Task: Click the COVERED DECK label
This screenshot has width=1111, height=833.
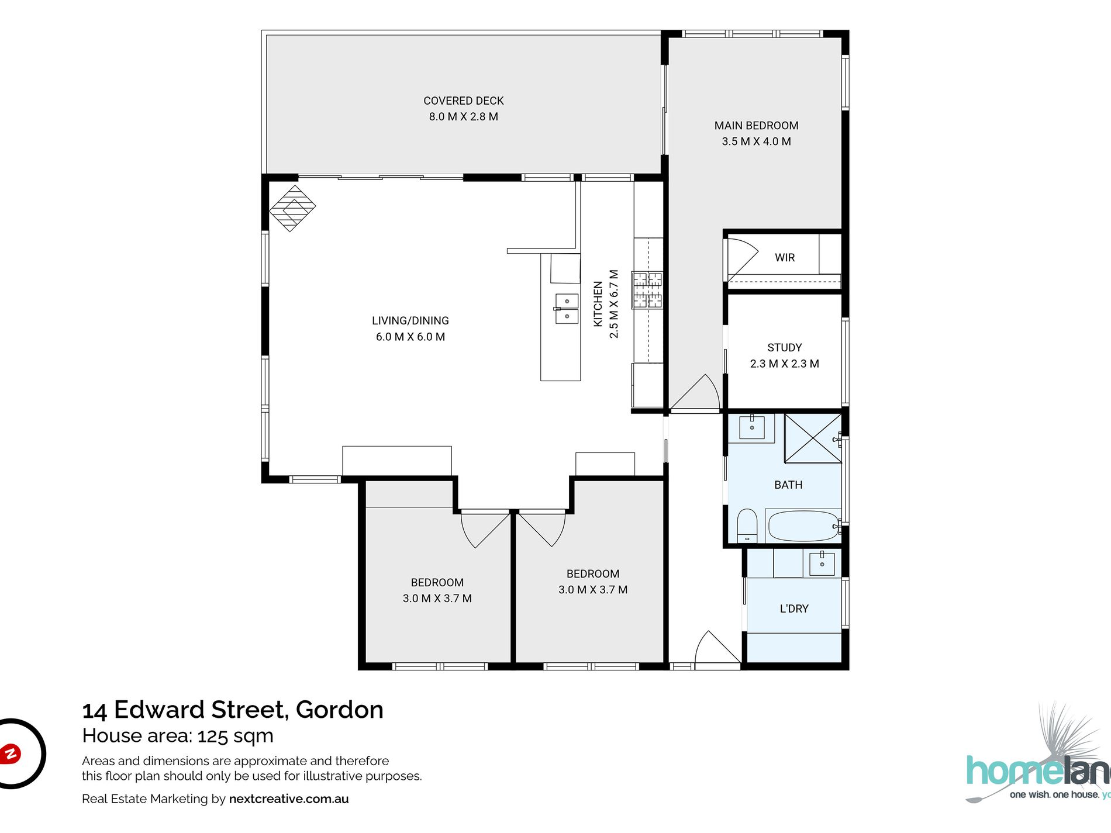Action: (463, 101)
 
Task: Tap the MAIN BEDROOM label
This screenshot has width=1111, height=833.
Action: (756, 125)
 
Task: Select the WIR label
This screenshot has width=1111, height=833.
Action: (785, 257)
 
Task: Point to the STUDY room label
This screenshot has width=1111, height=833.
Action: (784, 347)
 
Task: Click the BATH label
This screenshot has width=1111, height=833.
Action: (788, 485)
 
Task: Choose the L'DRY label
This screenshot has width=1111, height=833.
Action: (794, 609)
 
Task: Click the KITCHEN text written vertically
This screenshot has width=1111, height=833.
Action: (598, 304)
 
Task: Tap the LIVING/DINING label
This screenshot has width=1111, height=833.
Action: (410, 320)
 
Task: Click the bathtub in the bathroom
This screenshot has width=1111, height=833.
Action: (803, 526)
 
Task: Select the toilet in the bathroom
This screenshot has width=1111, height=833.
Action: (747, 526)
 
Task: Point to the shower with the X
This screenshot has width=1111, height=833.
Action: (813, 438)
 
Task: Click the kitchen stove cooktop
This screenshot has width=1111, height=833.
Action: (647, 290)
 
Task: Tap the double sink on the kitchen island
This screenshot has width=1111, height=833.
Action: (566, 309)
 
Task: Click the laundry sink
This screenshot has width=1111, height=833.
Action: (822, 564)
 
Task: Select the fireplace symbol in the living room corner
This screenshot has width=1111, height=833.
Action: (292, 208)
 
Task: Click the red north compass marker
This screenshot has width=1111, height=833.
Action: (10, 753)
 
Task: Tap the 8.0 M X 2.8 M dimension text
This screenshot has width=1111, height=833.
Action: (463, 116)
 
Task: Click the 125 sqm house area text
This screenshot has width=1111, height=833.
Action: (235, 736)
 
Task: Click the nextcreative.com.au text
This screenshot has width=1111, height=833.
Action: (289, 799)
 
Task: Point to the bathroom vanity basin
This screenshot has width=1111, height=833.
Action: (752, 427)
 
